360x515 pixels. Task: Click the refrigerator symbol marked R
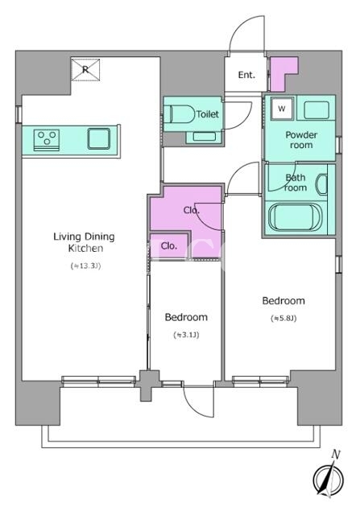click(85, 70)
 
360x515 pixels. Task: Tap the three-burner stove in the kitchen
click(47, 140)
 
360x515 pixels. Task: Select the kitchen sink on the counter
click(99, 138)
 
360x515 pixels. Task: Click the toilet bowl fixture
click(180, 114)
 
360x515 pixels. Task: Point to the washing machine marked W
click(281, 109)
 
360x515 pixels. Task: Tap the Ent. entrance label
click(246, 75)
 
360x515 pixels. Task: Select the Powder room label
click(301, 139)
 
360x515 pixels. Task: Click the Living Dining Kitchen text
click(85, 242)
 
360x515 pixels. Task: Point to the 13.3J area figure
click(85, 266)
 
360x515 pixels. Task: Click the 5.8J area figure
click(283, 318)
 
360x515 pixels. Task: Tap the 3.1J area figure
click(186, 335)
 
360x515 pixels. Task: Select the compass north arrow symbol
click(328, 478)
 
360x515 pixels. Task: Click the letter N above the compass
click(336, 455)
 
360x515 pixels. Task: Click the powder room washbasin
click(317, 110)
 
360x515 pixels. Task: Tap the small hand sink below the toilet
click(200, 136)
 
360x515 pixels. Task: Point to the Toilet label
click(208, 114)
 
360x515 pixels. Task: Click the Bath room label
click(296, 183)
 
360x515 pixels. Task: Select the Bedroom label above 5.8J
click(283, 301)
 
